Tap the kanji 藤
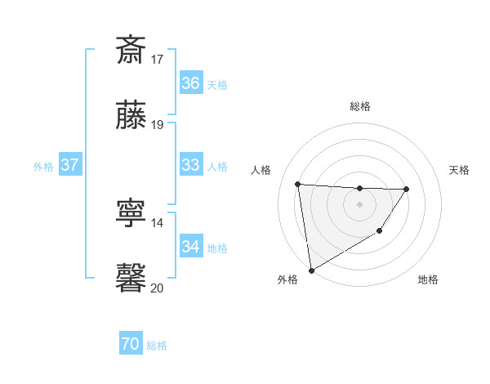131,115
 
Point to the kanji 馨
131,278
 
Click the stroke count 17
158,59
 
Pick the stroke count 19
158,125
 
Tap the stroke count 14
158,222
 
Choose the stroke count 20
158,288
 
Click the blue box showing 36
190,83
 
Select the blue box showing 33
190,165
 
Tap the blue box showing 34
190,247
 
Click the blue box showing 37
69,165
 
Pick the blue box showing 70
130,345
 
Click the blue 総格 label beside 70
157,346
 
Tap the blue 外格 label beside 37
43,166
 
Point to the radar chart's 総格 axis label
360,106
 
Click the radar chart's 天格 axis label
460,170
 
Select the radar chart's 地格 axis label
428,279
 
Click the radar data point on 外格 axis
311,270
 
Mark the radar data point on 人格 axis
298,184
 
